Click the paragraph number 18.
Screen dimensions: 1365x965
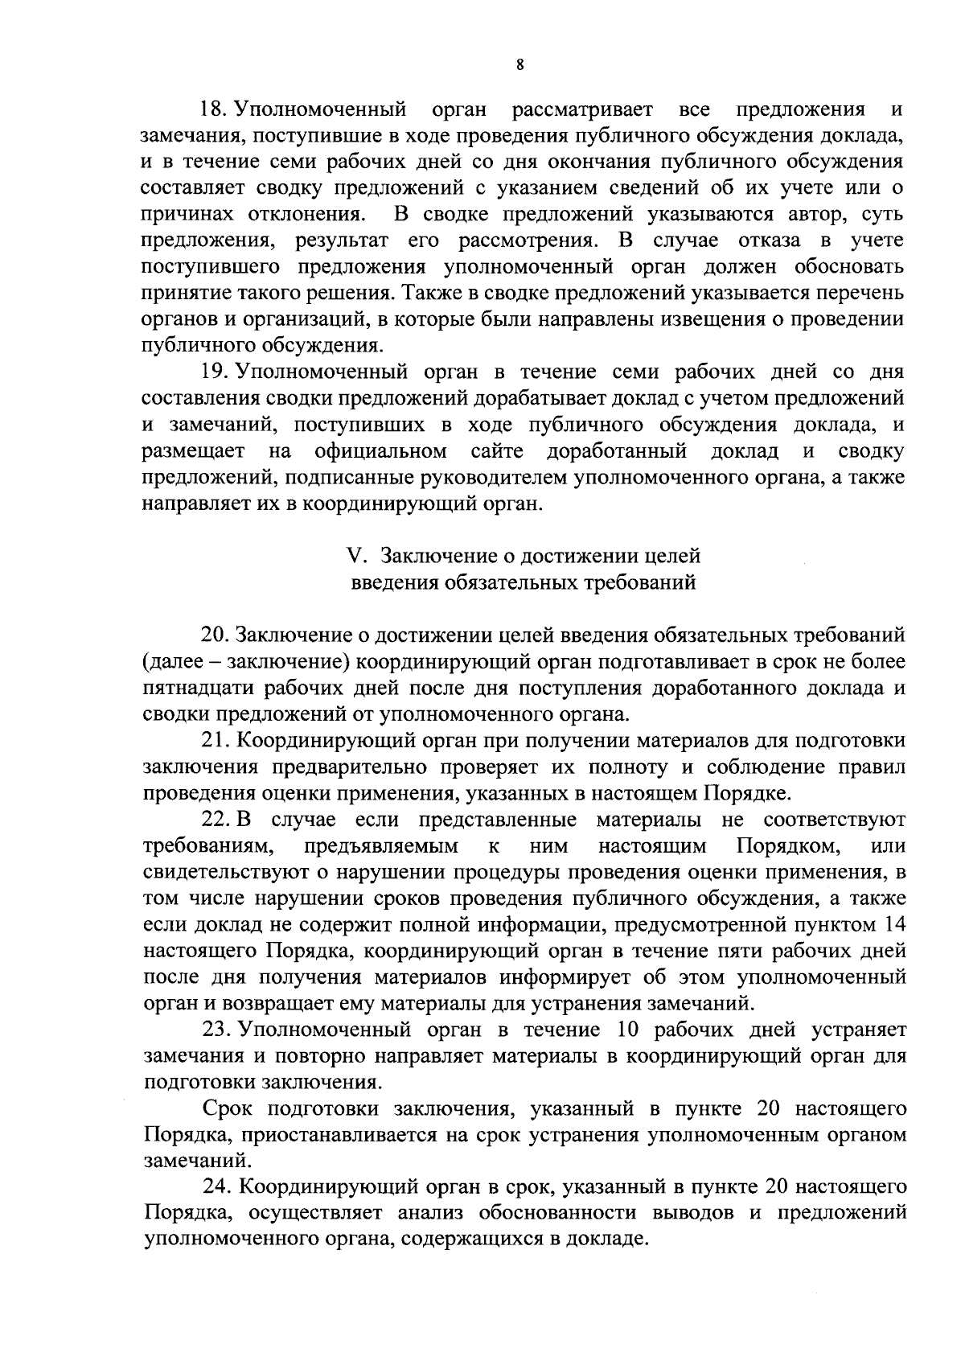214,109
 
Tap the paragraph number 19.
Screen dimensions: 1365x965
214,372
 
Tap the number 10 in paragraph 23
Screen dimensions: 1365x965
632,1030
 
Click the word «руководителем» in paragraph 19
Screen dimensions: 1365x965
493,478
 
